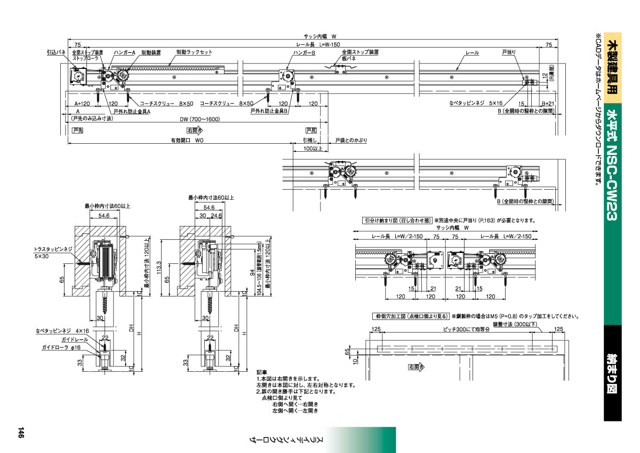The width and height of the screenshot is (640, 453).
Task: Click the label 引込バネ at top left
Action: [x=55, y=53]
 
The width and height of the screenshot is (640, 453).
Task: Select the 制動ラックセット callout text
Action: [x=194, y=53]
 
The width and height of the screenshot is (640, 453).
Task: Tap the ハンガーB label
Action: [x=305, y=53]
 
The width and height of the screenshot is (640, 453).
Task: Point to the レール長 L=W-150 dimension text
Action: [x=318, y=44]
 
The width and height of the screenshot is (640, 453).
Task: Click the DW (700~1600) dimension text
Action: [x=199, y=119]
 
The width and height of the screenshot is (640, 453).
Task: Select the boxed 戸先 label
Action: [x=78, y=130]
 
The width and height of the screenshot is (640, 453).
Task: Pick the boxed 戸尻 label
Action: [x=311, y=130]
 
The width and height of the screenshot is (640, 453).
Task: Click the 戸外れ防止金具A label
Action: [x=132, y=111]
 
